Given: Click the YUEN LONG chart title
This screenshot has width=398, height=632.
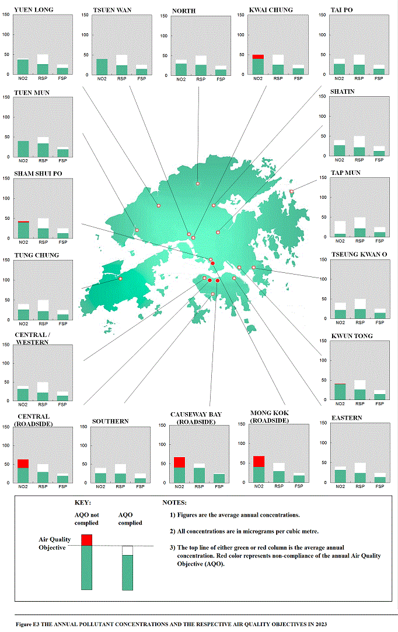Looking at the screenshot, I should (30, 10).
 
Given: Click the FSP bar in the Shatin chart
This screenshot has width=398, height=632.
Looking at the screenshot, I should (379, 153).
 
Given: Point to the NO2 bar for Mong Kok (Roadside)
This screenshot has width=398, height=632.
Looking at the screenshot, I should (259, 470).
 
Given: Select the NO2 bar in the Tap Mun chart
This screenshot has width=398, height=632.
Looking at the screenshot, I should (340, 236).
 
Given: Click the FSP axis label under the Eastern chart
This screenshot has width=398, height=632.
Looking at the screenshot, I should (380, 486).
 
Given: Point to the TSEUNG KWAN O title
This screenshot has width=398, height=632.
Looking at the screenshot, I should (359, 255).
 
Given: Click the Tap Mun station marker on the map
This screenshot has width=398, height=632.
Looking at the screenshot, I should (292, 192).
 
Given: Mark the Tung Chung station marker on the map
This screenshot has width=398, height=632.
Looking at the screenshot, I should (121, 279).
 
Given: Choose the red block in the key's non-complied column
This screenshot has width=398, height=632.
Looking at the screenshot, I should (86, 540).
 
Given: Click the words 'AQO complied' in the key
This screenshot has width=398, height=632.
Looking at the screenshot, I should (130, 519).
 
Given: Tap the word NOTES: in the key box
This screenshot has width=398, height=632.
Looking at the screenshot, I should (174, 503).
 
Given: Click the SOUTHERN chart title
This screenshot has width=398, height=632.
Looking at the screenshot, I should (110, 422).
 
